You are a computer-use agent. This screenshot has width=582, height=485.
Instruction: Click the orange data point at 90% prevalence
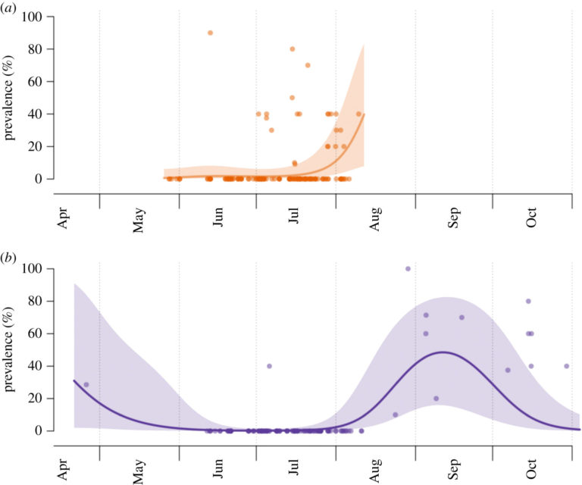(210, 33)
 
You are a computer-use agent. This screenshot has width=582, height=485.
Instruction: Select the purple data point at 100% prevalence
(408, 268)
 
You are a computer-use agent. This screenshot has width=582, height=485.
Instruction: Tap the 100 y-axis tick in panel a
(44, 17)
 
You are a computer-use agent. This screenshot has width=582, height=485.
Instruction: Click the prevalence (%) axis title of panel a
(11, 98)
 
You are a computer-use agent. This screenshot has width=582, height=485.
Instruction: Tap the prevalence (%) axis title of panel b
(11, 349)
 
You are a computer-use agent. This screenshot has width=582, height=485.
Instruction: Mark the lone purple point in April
(86, 384)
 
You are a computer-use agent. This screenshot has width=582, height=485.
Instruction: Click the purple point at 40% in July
(269, 366)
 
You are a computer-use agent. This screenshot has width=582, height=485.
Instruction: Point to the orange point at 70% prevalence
(308, 65)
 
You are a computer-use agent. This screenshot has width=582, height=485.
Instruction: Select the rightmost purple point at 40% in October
(566, 366)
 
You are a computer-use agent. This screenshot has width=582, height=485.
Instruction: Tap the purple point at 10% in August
(395, 415)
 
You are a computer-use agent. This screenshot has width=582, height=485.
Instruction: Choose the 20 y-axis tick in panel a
(47, 146)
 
